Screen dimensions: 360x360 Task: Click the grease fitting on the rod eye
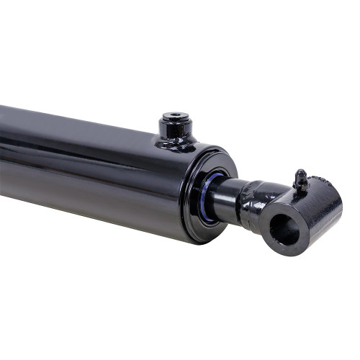click(x=301, y=180)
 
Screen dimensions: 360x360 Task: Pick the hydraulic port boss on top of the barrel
click(x=176, y=130)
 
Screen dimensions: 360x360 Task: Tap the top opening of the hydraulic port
click(x=176, y=115)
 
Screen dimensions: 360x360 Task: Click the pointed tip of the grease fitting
click(x=299, y=171)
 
